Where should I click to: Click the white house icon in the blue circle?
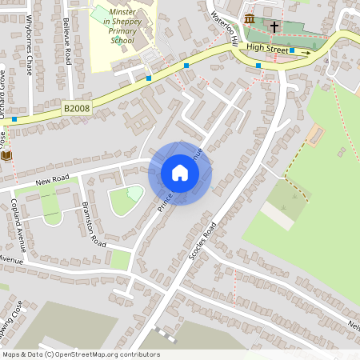coord(180,173)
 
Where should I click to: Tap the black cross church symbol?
coord(274,26)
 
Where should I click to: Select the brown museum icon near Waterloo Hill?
coord(250,19)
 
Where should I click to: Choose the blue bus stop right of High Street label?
coord(292,50)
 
